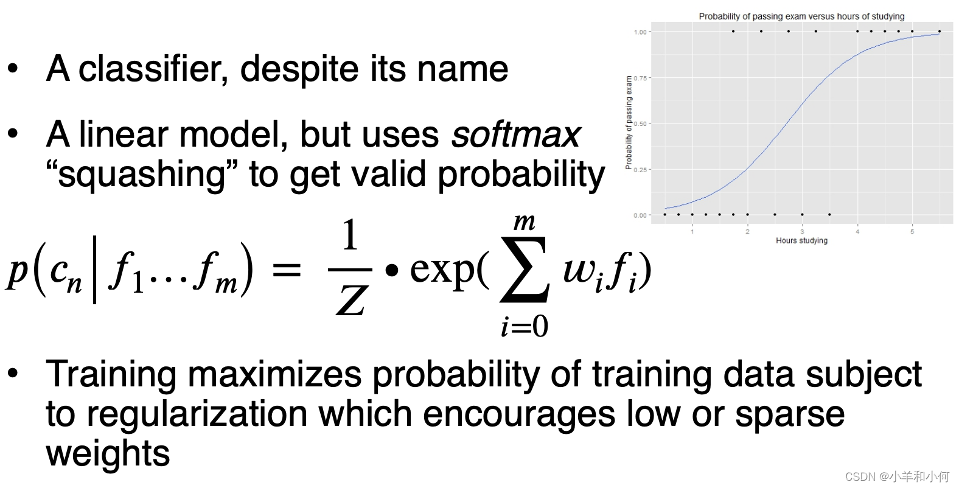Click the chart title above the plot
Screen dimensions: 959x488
coord(801,16)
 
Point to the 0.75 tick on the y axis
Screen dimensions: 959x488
coord(640,78)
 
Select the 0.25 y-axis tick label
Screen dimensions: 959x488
coord(640,170)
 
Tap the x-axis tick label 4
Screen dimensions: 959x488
coord(857,232)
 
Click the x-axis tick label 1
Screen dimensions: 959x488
coord(692,232)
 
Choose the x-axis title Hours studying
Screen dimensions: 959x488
coord(801,240)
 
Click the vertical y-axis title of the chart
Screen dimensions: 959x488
coord(629,123)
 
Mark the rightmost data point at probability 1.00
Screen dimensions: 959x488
coord(940,31)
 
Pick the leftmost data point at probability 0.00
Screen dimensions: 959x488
coord(665,214)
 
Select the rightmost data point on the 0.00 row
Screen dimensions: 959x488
coord(830,214)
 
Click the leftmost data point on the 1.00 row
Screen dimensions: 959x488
coord(733,31)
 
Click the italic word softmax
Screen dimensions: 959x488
coord(516,135)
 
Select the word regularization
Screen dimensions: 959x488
coord(197,415)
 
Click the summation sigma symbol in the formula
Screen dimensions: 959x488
coord(525,270)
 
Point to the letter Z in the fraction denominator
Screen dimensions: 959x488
coord(352,300)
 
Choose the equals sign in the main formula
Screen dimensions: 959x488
coord(287,270)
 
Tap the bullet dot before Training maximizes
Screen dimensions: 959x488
coord(13,373)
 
